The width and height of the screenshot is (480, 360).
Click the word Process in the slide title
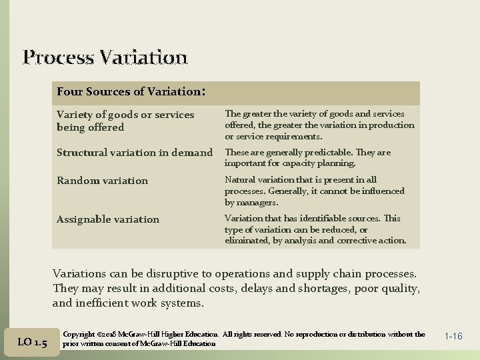pos(58,57)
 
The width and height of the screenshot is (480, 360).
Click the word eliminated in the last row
pos(246,241)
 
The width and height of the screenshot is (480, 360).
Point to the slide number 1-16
pos(453,337)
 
